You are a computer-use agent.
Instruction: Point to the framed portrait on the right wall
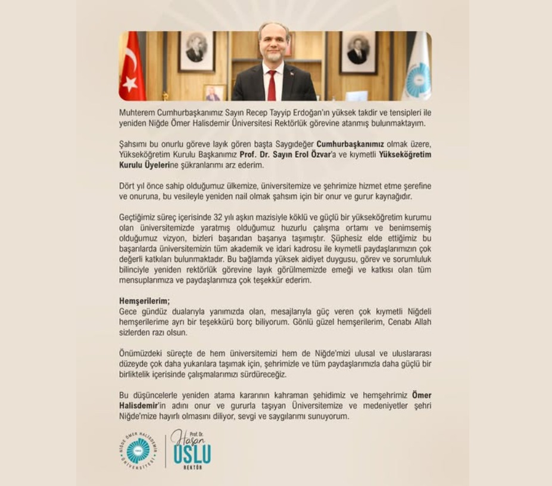[x=357, y=52]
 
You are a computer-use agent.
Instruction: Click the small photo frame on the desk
[x=214, y=93]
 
